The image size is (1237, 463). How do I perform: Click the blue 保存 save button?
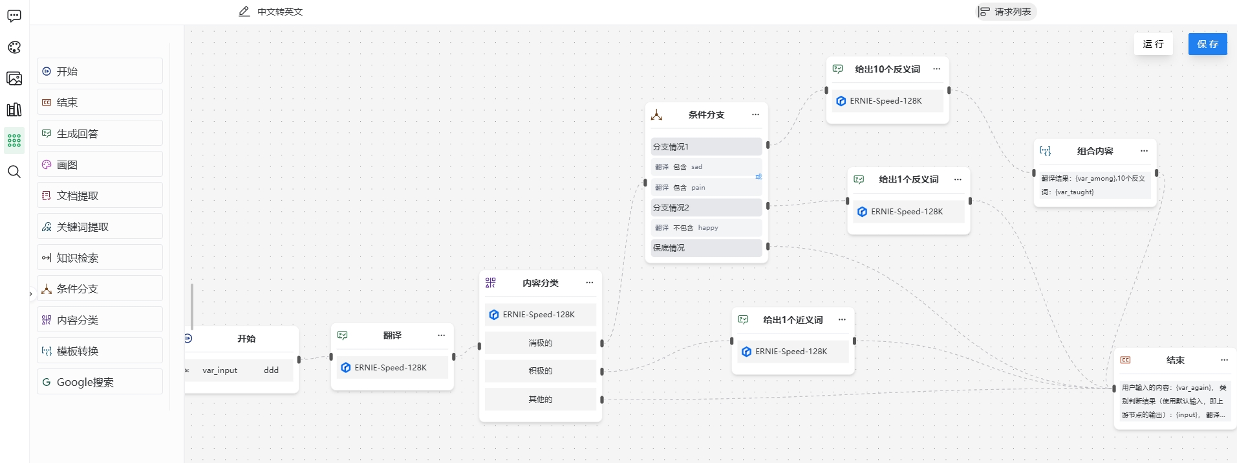click(x=1207, y=44)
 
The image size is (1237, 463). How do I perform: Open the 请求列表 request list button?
click(x=1006, y=12)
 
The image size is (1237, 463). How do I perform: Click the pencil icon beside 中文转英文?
click(x=244, y=12)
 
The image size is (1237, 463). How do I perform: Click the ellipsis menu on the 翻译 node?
click(x=441, y=335)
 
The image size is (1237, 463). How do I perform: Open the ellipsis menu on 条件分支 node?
click(x=755, y=115)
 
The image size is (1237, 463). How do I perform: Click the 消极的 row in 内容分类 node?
click(x=540, y=343)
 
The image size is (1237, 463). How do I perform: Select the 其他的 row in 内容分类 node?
click(x=540, y=400)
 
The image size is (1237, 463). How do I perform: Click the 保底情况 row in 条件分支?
click(x=705, y=248)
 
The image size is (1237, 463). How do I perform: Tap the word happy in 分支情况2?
click(x=708, y=228)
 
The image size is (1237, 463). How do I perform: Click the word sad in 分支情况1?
click(x=696, y=167)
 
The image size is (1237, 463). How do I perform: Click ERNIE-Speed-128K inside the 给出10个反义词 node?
click(x=885, y=101)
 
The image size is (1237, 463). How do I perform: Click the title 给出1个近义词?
click(x=793, y=320)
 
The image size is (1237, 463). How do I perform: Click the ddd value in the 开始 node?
click(x=271, y=370)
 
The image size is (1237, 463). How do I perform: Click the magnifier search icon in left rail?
click(x=14, y=172)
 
